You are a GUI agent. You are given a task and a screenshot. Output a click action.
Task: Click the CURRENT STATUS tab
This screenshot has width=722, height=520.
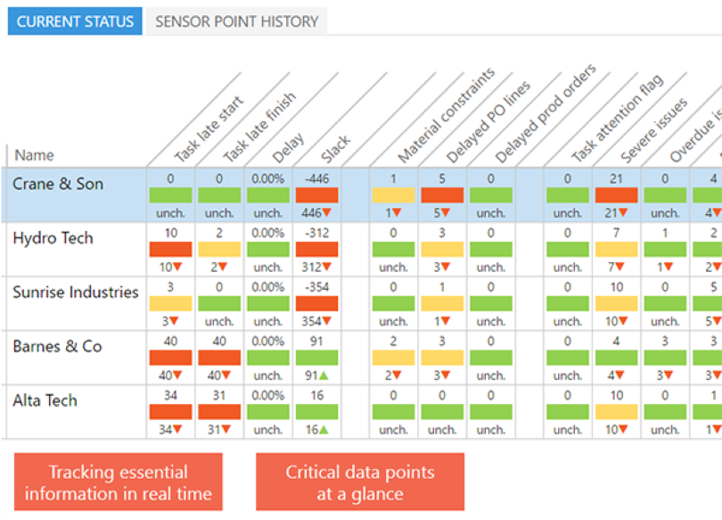point(75,21)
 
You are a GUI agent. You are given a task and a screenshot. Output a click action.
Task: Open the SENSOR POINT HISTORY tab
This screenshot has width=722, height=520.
point(236,21)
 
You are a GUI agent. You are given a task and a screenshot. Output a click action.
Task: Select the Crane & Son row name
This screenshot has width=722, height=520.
point(58,185)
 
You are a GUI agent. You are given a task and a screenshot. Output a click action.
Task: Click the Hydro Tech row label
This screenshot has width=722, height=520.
point(53,238)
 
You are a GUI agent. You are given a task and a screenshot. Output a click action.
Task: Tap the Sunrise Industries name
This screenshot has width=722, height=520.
point(76,293)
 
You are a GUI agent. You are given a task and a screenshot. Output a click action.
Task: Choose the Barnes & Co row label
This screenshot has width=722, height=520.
point(57,346)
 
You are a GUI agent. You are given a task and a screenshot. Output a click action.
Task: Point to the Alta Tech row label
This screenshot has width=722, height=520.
point(45,400)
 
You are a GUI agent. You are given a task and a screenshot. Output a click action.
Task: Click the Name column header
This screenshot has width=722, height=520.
point(34,155)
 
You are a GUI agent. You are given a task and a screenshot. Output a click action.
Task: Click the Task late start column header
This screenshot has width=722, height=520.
point(209,130)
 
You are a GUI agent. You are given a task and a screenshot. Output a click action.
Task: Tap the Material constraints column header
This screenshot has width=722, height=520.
point(446,117)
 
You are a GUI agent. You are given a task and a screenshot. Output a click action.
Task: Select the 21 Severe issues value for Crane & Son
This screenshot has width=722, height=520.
point(616,179)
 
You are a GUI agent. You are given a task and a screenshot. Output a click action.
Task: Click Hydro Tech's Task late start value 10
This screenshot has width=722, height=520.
point(170,233)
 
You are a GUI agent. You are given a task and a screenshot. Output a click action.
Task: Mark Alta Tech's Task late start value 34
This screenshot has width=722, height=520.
point(170,395)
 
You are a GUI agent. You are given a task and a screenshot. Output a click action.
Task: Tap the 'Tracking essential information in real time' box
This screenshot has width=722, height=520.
point(119,483)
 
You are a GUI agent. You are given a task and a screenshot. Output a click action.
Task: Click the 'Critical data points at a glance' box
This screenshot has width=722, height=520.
point(360,483)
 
